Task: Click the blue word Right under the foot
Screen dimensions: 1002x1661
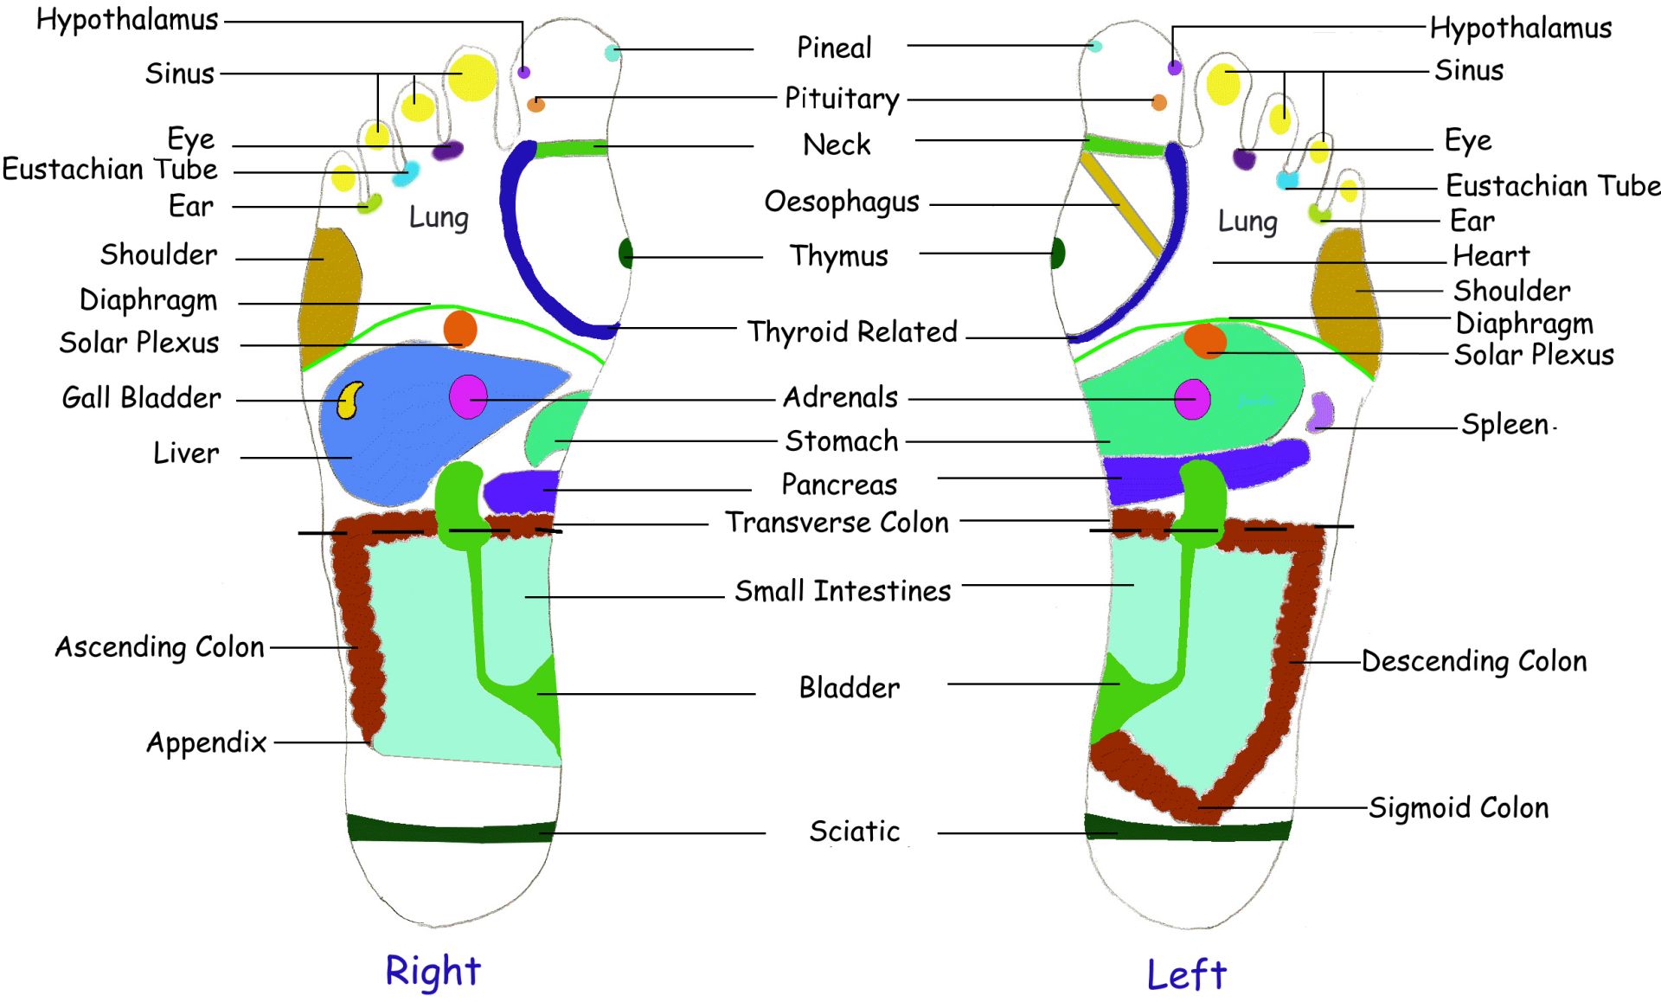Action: click(433, 971)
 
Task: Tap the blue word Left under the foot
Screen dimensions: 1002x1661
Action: click(1186, 975)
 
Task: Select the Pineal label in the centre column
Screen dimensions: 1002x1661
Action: click(834, 48)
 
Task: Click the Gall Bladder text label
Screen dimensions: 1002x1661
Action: click(142, 398)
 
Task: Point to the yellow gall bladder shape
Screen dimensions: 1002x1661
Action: click(350, 400)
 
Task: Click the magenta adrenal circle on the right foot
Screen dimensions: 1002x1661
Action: click(468, 397)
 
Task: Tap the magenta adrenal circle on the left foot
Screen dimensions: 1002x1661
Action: click(1192, 399)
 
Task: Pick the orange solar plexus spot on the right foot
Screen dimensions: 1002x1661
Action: click(460, 330)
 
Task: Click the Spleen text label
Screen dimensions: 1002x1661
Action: click(1505, 425)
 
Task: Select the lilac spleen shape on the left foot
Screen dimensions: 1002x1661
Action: click(1320, 411)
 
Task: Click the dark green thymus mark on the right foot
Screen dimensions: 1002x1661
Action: click(625, 254)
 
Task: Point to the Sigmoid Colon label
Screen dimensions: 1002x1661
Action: click(1459, 808)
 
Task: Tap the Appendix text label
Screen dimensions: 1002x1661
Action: click(207, 742)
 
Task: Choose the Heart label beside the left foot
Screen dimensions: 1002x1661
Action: click(1491, 256)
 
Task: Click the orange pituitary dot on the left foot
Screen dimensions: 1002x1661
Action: click(1159, 103)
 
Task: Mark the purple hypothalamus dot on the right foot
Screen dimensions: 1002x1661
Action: click(523, 73)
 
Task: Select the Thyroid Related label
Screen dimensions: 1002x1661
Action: click(852, 332)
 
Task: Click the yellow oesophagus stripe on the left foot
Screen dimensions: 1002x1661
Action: click(1121, 204)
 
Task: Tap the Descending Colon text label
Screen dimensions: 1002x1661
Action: click(1474, 662)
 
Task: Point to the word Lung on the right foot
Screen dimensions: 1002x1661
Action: click(439, 217)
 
